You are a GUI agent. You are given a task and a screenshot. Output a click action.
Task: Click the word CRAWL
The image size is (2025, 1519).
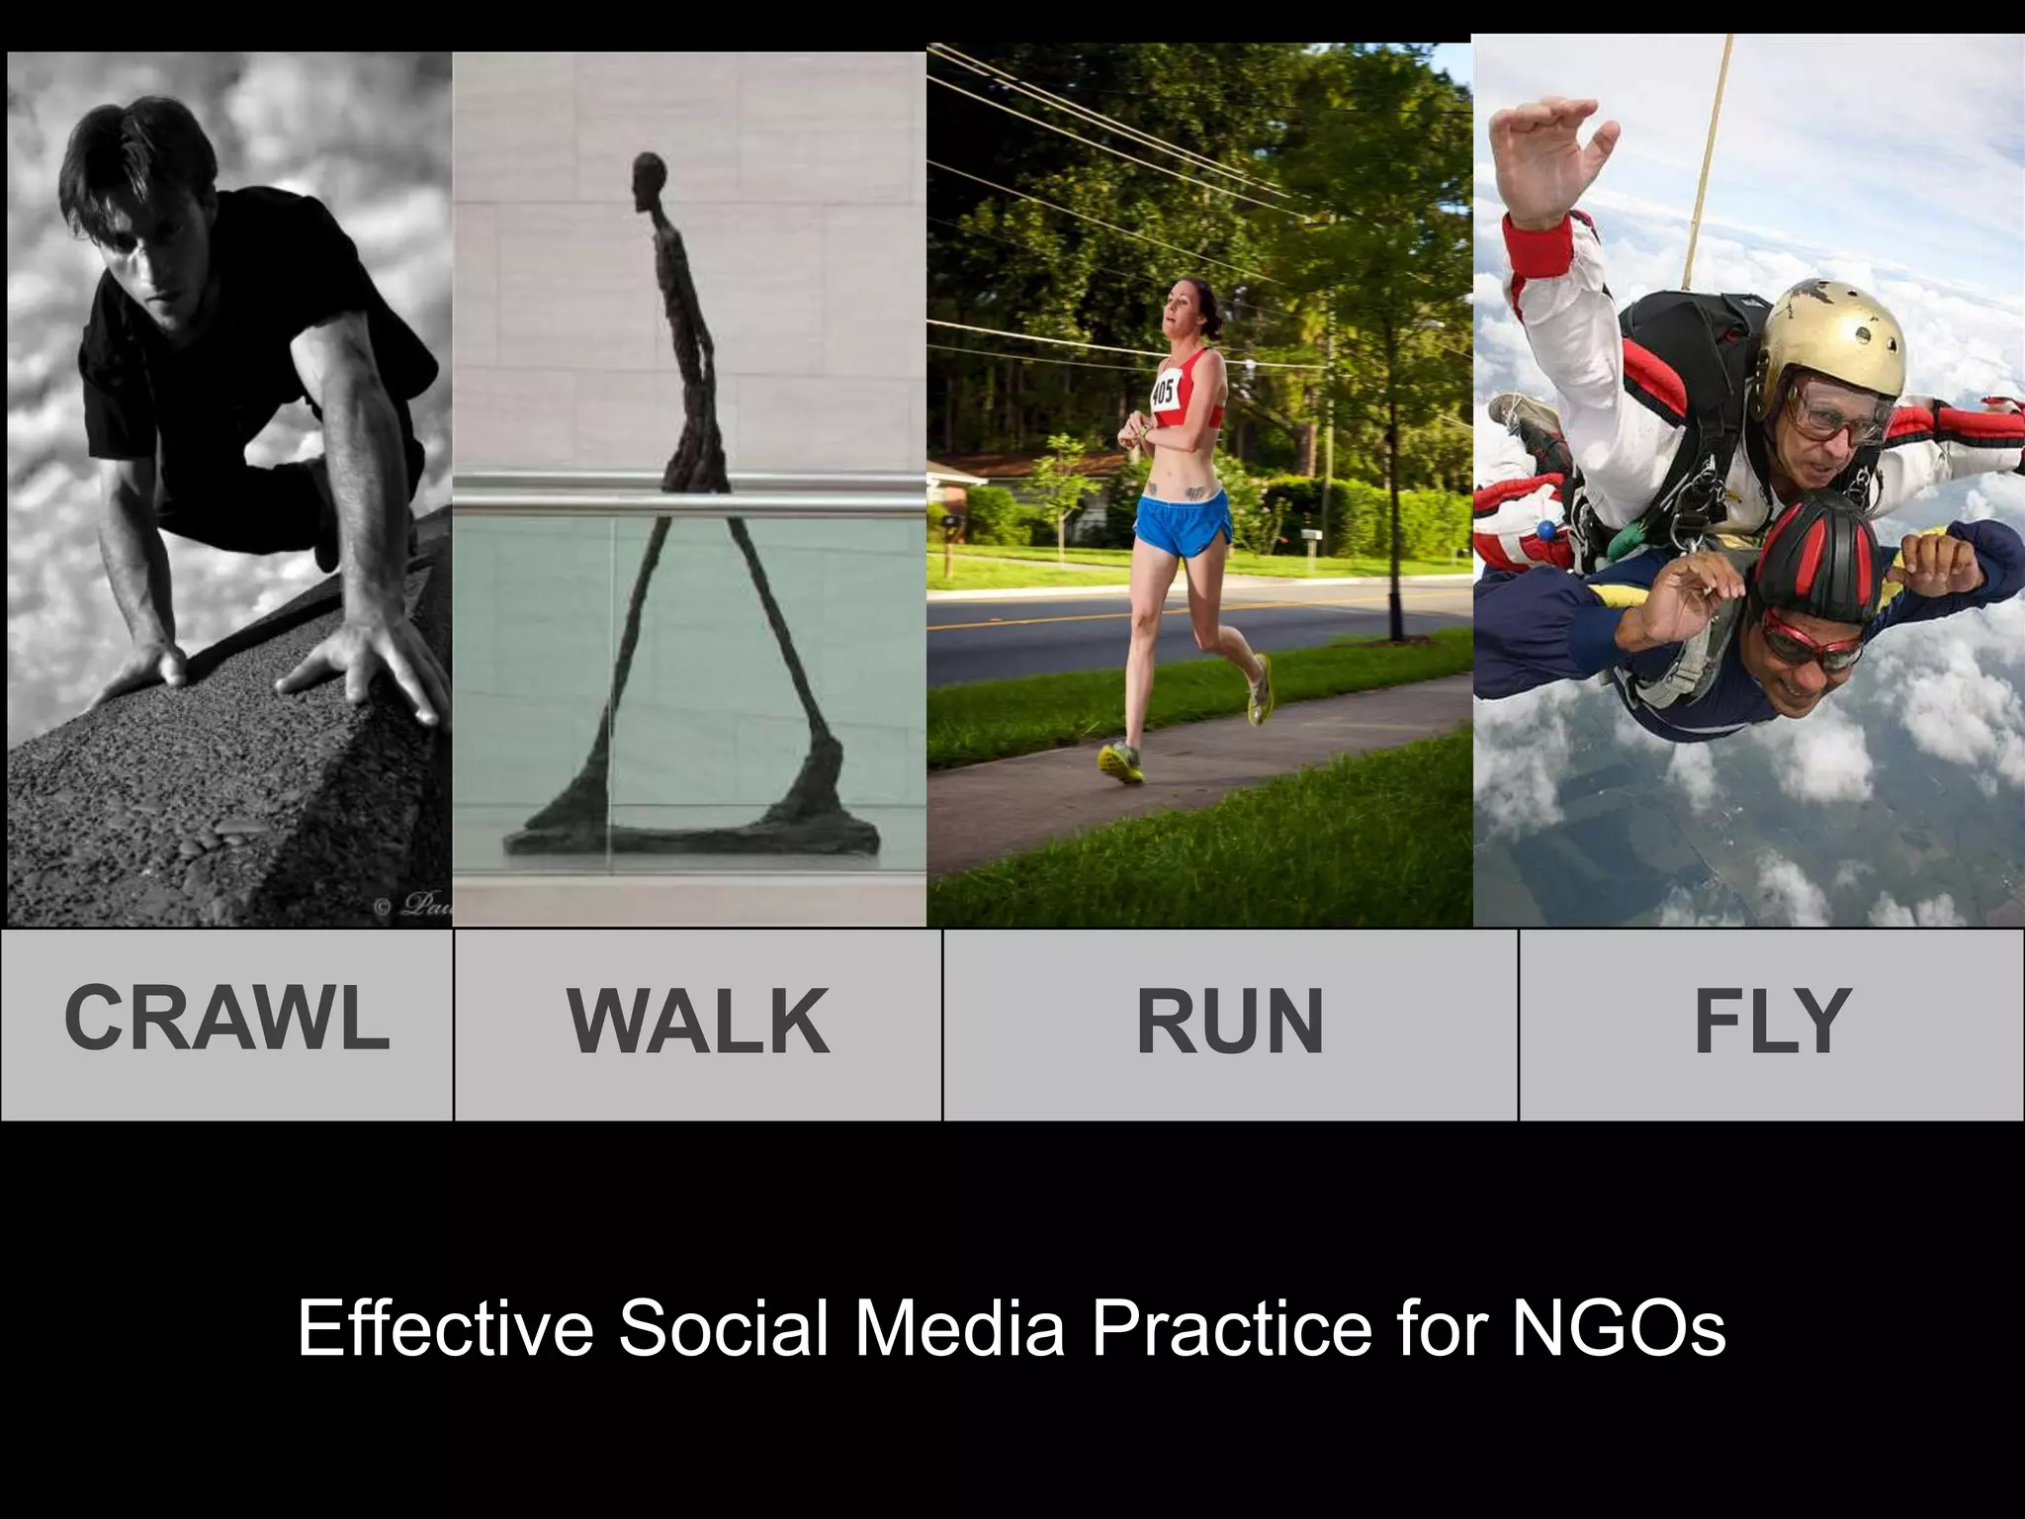(226, 1019)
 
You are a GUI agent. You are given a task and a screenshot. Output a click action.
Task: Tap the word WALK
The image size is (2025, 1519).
(698, 1023)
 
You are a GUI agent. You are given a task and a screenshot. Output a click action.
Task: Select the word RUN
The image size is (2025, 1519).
(1229, 1023)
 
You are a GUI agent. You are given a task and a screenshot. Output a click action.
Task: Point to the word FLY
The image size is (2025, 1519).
(1771, 1023)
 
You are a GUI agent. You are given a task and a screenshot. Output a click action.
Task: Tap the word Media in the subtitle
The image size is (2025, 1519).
(960, 1328)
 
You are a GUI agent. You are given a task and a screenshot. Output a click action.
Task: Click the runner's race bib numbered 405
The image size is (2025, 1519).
(1164, 392)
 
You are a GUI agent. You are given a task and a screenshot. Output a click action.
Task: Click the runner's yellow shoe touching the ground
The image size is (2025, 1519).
(1120, 762)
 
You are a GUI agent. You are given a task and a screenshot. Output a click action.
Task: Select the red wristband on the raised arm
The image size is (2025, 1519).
(1538, 244)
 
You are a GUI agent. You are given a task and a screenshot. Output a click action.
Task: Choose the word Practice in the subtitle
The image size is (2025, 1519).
(1232, 1328)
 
